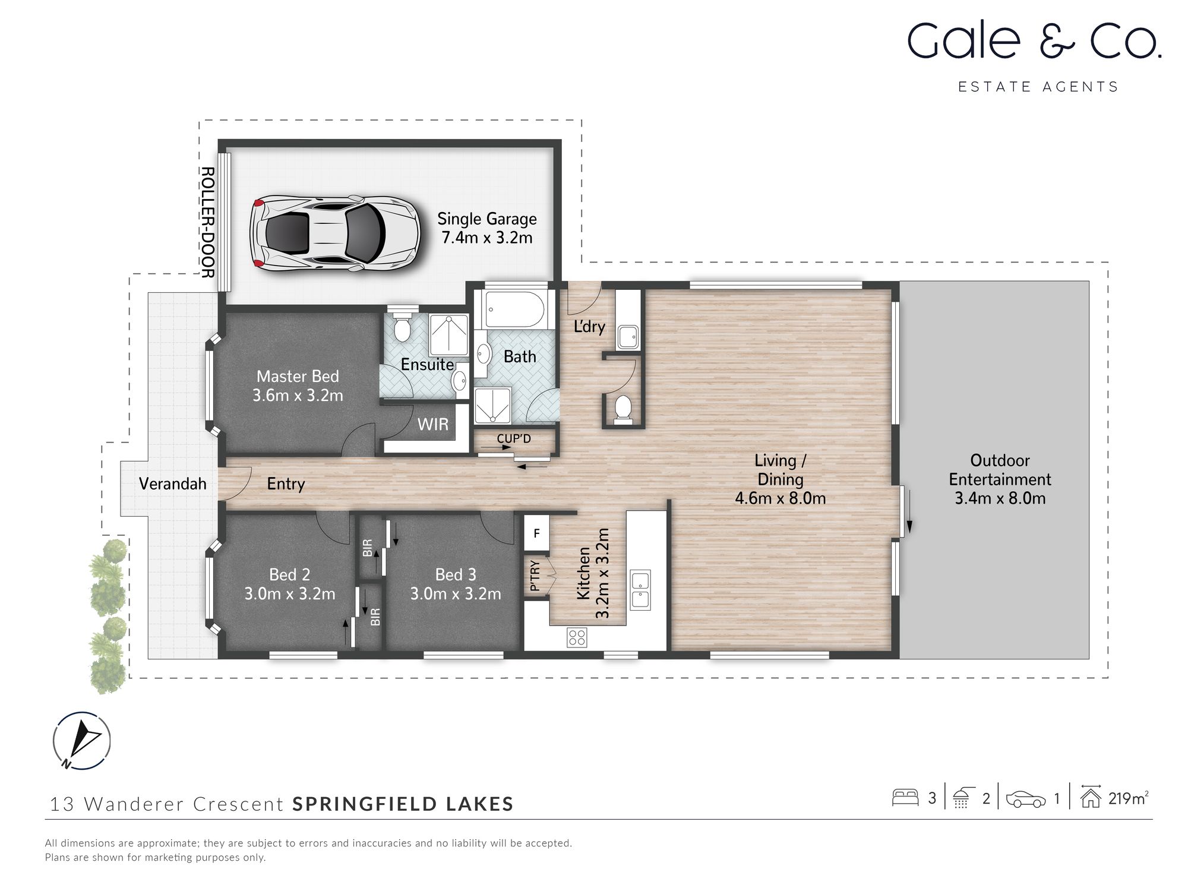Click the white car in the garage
point(334,233)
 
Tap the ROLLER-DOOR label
point(207,222)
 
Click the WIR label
point(432,425)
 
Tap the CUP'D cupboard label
point(514,439)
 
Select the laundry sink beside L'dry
point(628,337)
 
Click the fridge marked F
point(536,533)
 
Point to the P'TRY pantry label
point(535,576)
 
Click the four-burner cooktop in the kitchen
point(577,638)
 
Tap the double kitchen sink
point(640,589)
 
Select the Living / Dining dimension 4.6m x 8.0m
point(780,498)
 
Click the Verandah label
point(172,484)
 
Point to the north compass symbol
point(81,741)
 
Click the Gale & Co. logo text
point(1034,41)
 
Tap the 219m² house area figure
point(1127,798)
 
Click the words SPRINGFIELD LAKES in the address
point(403,804)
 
